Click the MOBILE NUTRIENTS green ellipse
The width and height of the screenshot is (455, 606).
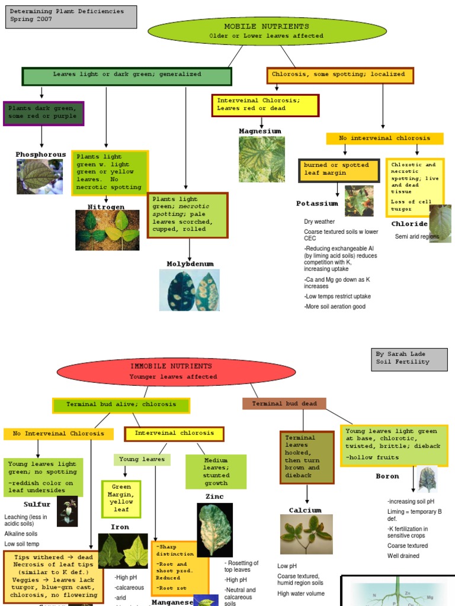[267, 31]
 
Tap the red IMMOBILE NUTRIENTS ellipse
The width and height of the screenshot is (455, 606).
[168, 372]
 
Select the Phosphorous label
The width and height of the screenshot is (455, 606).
[41, 154]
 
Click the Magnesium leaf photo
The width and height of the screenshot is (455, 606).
[262, 159]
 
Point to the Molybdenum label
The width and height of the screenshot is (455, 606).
[190, 264]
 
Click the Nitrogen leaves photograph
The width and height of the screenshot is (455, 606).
[107, 230]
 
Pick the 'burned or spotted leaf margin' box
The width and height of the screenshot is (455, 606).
[339, 170]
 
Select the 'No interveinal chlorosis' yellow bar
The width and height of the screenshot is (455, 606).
[384, 138]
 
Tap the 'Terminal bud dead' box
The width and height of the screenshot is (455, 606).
[284, 404]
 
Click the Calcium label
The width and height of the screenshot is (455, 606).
[305, 510]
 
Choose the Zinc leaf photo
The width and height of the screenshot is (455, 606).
[214, 530]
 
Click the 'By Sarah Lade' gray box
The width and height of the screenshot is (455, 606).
[409, 359]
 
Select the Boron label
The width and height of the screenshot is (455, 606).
[387, 476]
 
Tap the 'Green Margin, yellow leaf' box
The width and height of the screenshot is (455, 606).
[121, 498]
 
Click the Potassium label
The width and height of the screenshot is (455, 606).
[317, 204]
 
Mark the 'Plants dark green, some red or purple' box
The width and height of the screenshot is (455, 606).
[43, 114]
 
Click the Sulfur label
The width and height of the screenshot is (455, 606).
[37, 505]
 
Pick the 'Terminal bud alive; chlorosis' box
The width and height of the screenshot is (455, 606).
[121, 405]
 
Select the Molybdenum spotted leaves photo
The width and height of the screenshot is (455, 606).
[189, 290]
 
